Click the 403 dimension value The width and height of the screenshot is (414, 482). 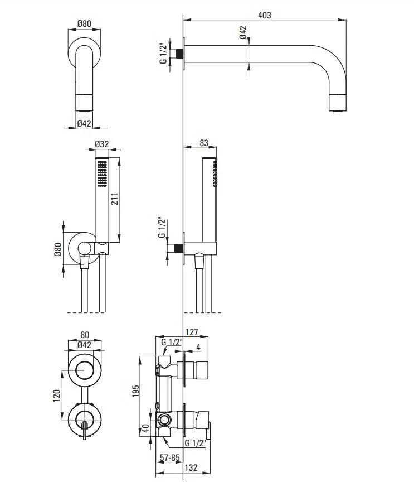[x=265, y=15]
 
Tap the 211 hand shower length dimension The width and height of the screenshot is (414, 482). [x=114, y=199]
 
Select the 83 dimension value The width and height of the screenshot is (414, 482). [x=204, y=143]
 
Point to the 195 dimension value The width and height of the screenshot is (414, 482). [x=136, y=391]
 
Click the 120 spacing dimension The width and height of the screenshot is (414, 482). [x=56, y=396]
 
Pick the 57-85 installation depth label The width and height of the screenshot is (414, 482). [x=169, y=457]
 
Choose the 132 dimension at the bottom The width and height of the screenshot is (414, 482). [x=191, y=467]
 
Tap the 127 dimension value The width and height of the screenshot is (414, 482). [x=192, y=332]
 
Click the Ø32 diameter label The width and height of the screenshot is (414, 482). [x=101, y=144]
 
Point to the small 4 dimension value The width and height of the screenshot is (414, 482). [x=198, y=347]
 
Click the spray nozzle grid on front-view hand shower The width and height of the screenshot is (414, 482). [x=103, y=173]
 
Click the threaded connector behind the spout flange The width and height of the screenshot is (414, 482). [x=179, y=54]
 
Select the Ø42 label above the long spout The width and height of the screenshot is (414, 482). [x=243, y=32]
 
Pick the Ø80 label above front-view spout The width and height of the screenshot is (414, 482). [x=84, y=23]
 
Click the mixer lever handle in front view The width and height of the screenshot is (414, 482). [x=85, y=431]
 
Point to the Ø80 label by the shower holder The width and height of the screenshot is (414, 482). [x=58, y=249]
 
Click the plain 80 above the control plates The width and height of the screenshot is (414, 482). [x=85, y=335]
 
